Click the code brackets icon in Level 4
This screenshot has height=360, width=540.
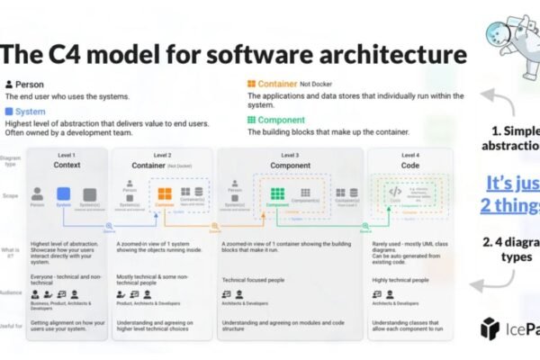coord(394,192)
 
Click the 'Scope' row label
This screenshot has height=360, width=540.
coord(12,194)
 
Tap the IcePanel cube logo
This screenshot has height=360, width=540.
coord(490,328)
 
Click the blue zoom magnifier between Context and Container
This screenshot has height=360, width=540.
coord(109,225)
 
